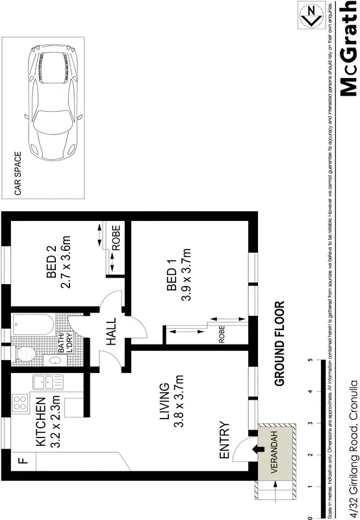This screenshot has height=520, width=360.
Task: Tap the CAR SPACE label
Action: [18, 174]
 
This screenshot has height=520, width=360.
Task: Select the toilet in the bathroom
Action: [26, 355]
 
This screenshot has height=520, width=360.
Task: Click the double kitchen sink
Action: [45, 384]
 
